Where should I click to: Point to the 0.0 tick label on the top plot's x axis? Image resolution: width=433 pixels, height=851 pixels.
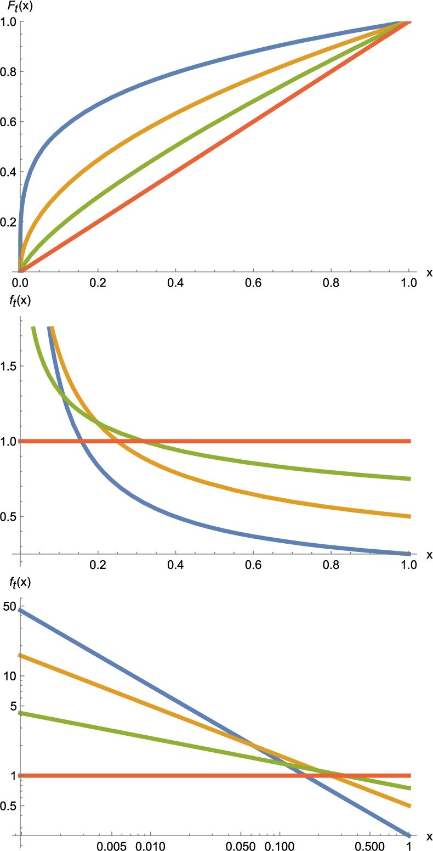click(x=20, y=284)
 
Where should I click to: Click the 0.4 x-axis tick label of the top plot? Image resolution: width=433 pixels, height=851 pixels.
click(x=175, y=284)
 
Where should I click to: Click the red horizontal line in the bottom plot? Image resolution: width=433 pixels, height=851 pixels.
click(x=164, y=775)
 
